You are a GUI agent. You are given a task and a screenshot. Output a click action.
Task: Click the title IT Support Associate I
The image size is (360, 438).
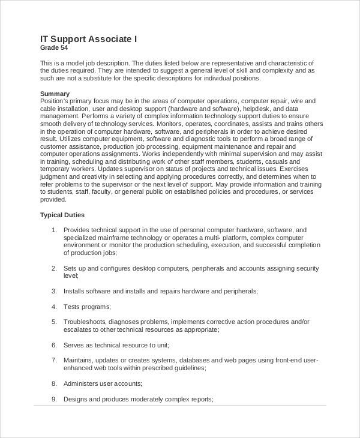89,39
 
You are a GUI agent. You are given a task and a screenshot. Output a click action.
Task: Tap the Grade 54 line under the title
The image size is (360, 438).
53,48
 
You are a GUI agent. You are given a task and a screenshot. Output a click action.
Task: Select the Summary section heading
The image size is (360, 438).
55,94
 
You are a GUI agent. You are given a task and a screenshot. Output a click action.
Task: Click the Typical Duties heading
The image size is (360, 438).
62,215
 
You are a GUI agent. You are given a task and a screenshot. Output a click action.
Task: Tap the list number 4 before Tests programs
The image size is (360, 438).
53,307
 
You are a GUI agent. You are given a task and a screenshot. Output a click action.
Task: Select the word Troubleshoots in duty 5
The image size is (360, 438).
85,322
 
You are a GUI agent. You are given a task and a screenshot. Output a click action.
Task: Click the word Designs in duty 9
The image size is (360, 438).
76,399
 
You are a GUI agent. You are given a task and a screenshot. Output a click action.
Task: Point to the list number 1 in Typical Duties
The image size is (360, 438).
53,230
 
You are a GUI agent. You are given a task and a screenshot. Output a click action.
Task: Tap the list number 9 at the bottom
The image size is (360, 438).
53,399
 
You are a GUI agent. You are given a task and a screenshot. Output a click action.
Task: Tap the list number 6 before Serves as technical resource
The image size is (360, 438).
53,345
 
